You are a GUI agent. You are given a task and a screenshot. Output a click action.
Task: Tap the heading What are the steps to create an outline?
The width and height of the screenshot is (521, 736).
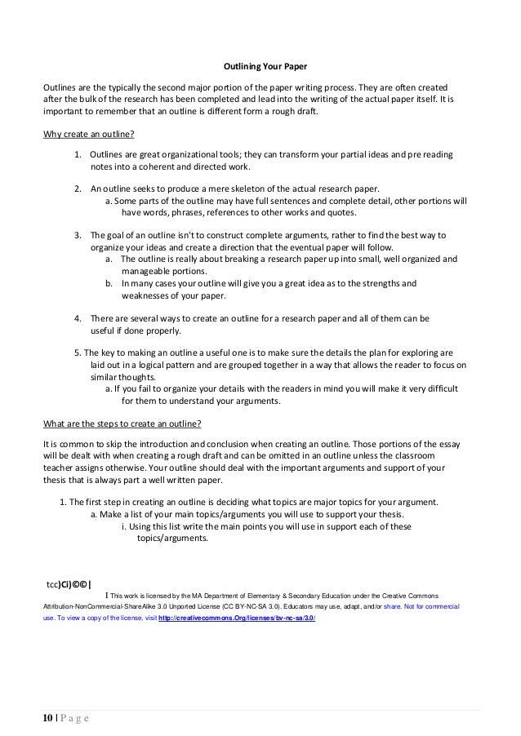coord(122,424)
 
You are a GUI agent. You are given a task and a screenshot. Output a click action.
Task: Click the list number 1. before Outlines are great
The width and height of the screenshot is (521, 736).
coord(78,155)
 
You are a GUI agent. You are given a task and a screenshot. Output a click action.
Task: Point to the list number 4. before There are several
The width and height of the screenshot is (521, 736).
coord(78,317)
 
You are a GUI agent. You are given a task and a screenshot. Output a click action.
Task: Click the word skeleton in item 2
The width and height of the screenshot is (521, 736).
coord(250,188)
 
